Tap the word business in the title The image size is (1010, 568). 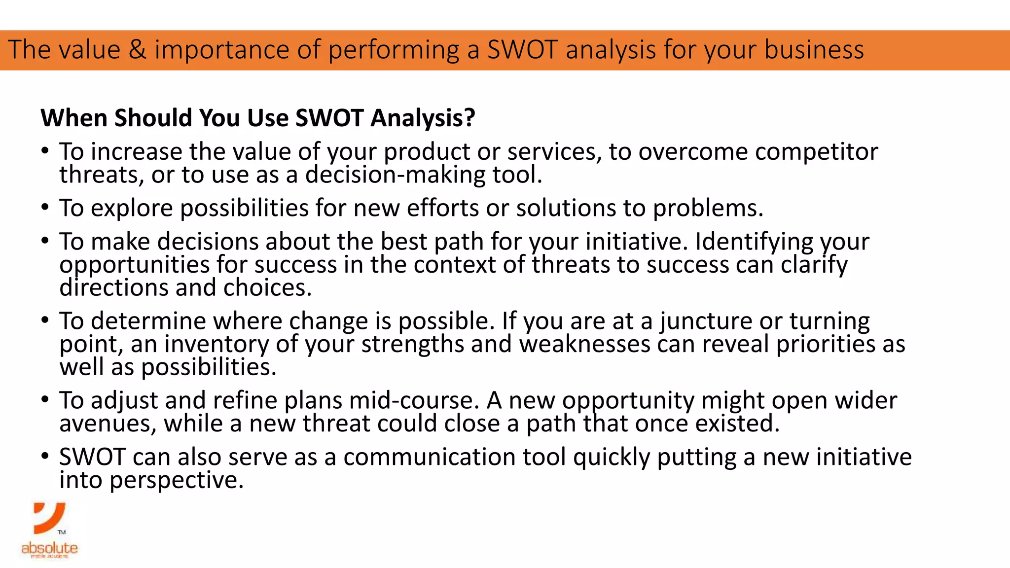click(x=814, y=50)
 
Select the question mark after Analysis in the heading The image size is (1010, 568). click(x=469, y=118)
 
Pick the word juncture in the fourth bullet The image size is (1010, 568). click(x=706, y=321)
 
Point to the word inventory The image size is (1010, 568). click(x=216, y=344)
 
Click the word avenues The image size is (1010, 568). click(x=108, y=424)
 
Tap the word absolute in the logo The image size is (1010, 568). click(x=49, y=548)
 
